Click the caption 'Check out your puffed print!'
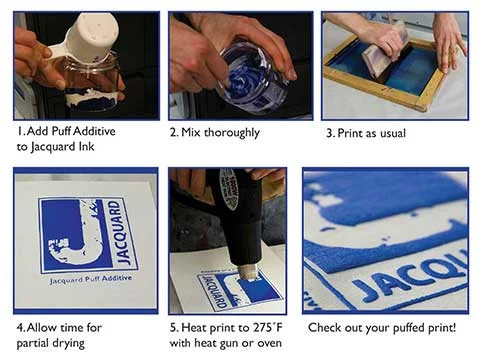point(381,328)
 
